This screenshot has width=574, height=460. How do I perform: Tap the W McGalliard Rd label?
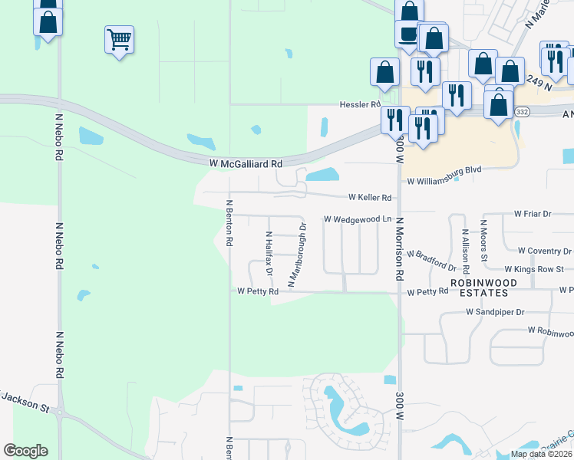(246, 163)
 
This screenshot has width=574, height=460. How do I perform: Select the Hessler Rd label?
(361, 104)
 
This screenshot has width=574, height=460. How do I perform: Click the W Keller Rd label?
(370, 197)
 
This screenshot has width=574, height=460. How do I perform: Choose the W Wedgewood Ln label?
(358, 219)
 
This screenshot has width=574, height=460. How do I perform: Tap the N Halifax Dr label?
(269, 254)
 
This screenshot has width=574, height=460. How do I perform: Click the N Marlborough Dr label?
(297, 255)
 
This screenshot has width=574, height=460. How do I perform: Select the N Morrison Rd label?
(399, 249)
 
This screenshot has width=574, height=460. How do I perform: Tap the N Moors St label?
(483, 241)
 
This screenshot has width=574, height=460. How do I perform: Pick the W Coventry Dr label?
(545, 251)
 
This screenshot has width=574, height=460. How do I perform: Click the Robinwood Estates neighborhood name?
(480, 287)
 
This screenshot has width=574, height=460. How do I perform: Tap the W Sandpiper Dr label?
(495, 312)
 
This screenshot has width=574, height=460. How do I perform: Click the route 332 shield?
(520, 111)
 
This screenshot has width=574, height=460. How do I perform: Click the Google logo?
(25, 451)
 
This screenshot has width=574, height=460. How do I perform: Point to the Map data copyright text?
(541, 454)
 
